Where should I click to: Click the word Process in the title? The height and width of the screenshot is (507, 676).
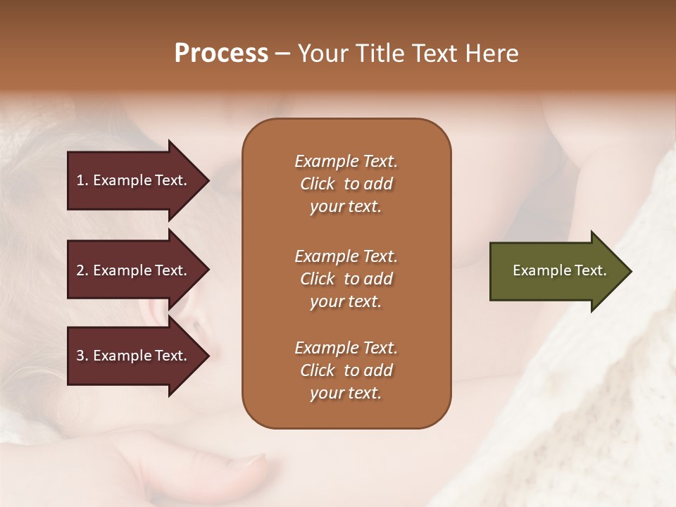tap(221, 54)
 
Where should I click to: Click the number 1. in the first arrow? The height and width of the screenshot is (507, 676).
tap(82, 180)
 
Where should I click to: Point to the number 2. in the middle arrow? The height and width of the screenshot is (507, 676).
tap(82, 270)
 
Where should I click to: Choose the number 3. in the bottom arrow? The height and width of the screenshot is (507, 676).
tap(82, 356)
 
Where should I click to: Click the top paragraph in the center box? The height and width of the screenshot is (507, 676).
tap(346, 184)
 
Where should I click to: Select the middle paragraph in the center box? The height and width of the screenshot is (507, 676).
tap(346, 278)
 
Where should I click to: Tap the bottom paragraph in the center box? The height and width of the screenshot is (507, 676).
tap(346, 370)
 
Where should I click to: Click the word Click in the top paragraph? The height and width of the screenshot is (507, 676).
tap(317, 184)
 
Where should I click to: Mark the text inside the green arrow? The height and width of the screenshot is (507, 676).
tap(559, 270)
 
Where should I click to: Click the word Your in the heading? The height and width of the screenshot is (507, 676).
tap(320, 54)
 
